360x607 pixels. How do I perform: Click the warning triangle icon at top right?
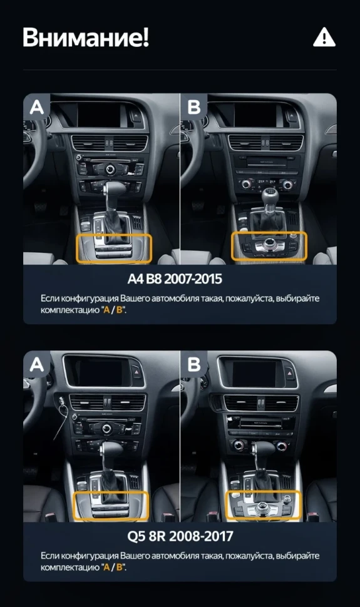click(x=324, y=38)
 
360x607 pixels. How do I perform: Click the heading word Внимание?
click(x=86, y=38)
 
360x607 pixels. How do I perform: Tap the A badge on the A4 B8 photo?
click(x=37, y=107)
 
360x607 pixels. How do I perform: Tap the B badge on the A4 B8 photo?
click(x=194, y=107)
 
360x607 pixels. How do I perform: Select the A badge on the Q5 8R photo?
click(x=37, y=364)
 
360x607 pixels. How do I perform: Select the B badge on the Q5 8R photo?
click(x=194, y=364)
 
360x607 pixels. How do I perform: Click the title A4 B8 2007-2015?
click(x=180, y=278)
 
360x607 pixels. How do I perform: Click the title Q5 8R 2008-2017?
click(x=180, y=536)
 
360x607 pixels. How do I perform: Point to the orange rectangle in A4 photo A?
click(x=114, y=248)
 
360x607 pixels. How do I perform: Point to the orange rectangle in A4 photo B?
click(x=269, y=246)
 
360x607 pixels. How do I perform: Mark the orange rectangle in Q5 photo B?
click(x=264, y=505)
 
